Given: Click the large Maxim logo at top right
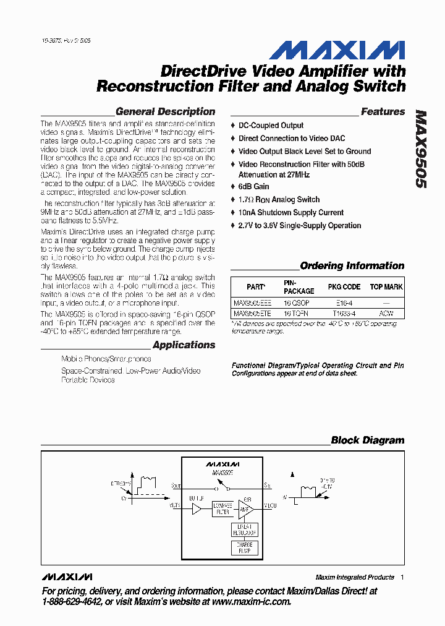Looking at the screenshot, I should [x=337, y=51].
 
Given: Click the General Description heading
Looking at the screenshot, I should [x=165, y=112].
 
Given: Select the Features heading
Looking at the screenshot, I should [x=383, y=112].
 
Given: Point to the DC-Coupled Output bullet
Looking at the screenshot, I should [x=271, y=126].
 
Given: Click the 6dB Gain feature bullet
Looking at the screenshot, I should [x=253, y=186].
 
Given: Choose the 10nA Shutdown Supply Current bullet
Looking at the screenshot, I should [x=290, y=212].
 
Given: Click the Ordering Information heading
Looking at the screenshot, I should [x=352, y=266].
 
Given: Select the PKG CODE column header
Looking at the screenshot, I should [x=343, y=287].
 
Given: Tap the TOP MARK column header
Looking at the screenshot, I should [x=386, y=287].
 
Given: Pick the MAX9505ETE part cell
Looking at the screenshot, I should [x=252, y=314].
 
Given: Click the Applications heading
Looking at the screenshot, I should [x=184, y=345].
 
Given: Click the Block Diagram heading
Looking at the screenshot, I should [x=367, y=440].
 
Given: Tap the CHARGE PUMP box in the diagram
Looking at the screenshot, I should [x=244, y=547].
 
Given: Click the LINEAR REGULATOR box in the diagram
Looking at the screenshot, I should [x=244, y=530].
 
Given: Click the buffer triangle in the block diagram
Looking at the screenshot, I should [x=197, y=509].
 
